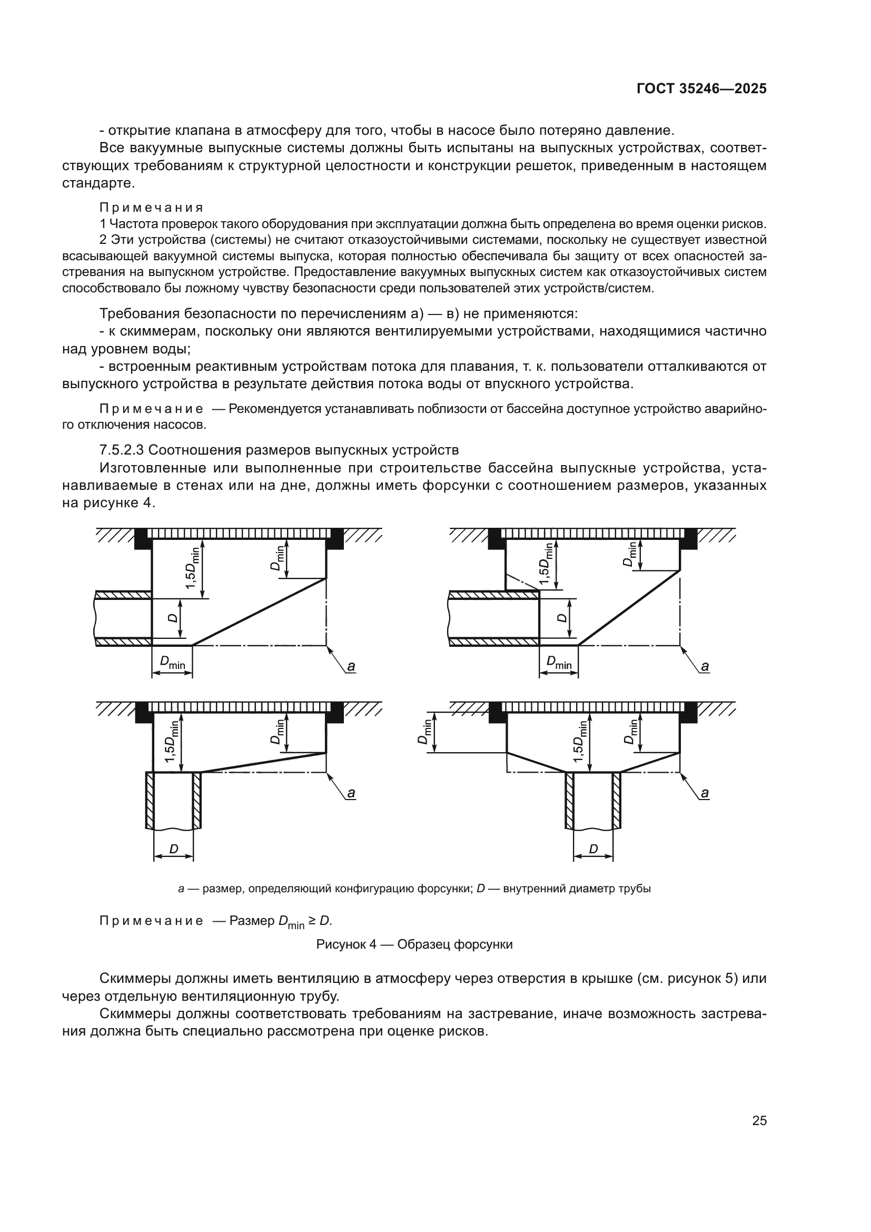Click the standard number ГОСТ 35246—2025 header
[x=701, y=88]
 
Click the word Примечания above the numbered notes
[x=151, y=207]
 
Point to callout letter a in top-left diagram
[x=351, y=666]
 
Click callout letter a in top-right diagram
[x=705, y=666]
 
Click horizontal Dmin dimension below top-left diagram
[x=172, y=664]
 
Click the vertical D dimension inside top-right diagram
[x=561, y=618]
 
